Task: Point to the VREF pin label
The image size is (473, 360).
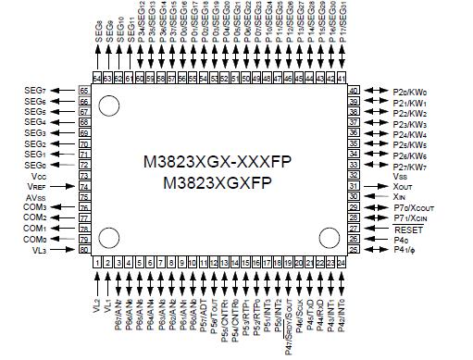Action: tap(36, 186)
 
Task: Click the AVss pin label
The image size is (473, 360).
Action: tap(36, 196)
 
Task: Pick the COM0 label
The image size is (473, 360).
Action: tap(34, 238)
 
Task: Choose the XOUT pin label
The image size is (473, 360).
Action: tap(404, 185)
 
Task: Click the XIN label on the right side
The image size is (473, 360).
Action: tap(400, 196)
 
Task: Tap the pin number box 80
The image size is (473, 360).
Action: tap(84, 249)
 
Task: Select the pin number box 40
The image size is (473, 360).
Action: tap(355, 91)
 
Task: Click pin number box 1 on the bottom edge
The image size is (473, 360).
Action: tap(97, 263)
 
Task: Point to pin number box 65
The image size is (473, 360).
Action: tap(84, 90)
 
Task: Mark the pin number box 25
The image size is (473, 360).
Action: tap(355, 249)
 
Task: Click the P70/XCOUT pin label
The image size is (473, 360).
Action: tap(413, 206)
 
